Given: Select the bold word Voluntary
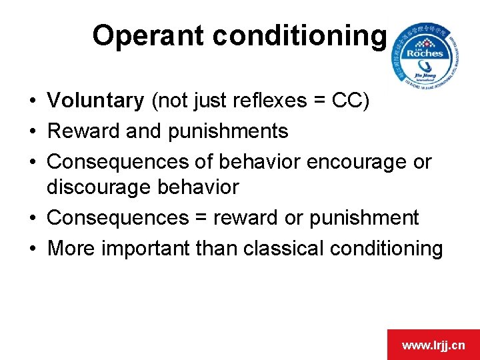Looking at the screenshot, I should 95,101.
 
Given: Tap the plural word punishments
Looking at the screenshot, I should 228,131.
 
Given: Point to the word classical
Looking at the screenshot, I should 287,248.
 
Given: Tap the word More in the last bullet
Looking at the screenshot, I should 71,248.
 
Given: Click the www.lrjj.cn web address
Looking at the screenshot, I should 433,345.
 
